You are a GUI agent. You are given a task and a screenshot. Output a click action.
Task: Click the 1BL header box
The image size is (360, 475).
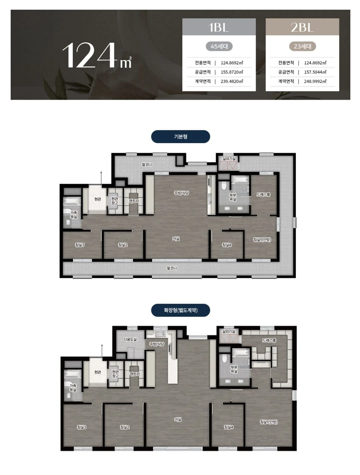(219, 27)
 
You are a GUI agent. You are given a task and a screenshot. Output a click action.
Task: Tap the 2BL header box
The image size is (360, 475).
(302, 27)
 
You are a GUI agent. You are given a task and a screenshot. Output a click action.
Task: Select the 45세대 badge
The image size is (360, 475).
(219, 46)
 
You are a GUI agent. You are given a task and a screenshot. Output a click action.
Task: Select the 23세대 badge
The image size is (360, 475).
(302, 46)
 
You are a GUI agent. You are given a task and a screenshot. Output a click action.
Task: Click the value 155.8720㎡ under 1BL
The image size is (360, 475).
(232, 72)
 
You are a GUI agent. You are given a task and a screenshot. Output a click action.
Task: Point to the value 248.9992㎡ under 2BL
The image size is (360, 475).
(315, 81)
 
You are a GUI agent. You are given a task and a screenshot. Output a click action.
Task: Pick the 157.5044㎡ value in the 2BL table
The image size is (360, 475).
(315, 72)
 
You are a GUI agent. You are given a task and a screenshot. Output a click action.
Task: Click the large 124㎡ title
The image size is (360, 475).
(97, 56)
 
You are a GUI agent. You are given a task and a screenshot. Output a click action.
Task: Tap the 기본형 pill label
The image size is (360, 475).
(181, 136)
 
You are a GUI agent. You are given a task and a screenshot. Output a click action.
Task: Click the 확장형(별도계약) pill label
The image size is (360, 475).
(181, 310)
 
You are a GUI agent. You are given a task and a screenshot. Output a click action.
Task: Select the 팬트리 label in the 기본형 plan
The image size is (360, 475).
(134, 201)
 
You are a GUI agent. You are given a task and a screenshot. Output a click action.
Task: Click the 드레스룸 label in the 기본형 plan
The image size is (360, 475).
(263, 194)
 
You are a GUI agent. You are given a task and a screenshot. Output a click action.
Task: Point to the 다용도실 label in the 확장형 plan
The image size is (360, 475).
(130, 339)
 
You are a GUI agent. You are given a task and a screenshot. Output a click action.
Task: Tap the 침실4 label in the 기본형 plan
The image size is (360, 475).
(227, 245)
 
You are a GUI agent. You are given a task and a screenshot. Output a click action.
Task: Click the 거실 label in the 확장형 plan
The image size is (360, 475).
(178, 419)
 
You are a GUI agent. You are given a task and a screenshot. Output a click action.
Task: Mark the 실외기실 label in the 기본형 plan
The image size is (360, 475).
(229, 159)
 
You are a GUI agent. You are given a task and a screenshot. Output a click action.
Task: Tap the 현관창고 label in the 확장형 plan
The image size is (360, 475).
(115, 374)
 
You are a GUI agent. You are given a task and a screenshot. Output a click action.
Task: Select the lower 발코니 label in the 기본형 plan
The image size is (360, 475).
(172, 268)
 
